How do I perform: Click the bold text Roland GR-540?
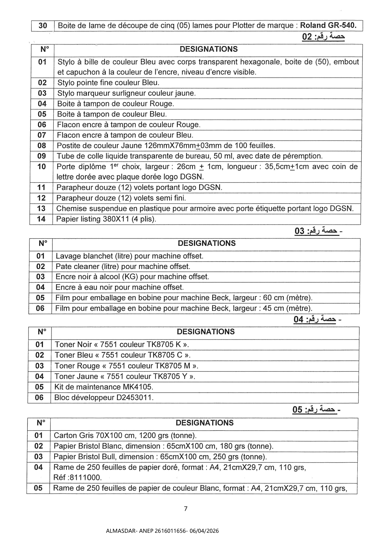tap(328, 25)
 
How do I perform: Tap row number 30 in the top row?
tap(43, 26)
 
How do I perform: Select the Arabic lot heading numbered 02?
tap(323, 37)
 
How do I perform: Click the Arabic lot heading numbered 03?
tap(317, 231)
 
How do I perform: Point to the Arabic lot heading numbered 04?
tap(315, 319)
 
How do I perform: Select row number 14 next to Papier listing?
tap(41, 219)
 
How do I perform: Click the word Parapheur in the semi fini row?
tap(74, 198)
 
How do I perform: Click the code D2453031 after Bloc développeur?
tap(134, 398)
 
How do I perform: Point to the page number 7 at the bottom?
tap(185, 509)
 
